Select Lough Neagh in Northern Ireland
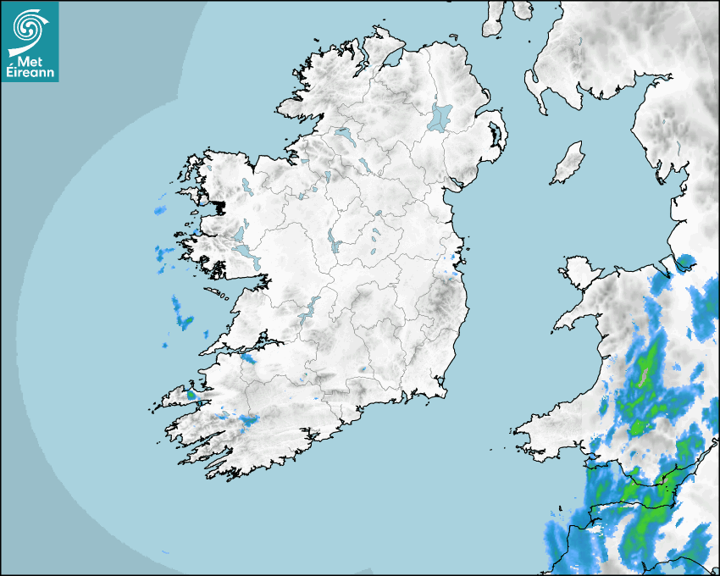[x=440, y=116]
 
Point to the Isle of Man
[x=568, y=163]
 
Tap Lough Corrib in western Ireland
[x=246, y=252]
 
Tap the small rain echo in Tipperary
[x=363, y=369]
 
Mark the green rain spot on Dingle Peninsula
[x=191, y=394]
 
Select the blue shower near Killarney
[x=247, y=419]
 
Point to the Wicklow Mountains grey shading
[x=440, y=296]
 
